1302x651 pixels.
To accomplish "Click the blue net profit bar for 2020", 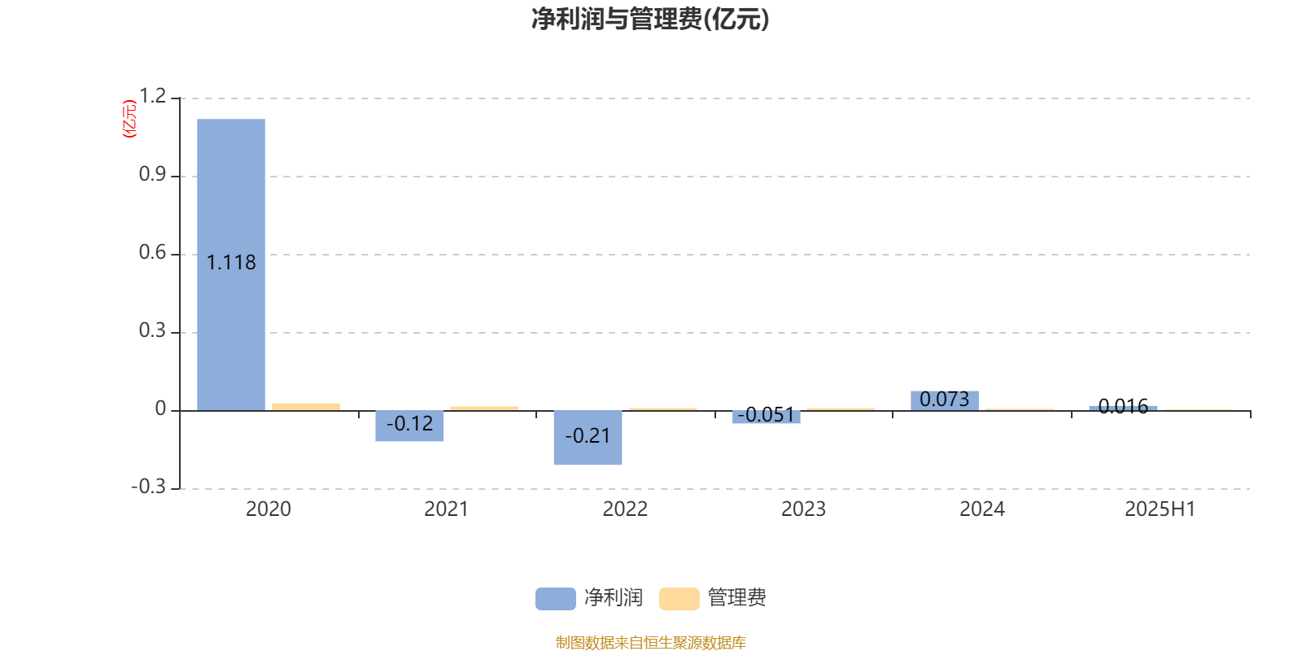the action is (231, 264).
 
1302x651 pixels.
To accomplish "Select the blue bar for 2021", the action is (409, 426).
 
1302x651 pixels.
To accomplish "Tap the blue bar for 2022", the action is (588, 438).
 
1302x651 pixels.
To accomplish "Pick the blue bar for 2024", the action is (945, 401).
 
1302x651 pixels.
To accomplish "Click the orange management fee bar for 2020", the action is (306, 407).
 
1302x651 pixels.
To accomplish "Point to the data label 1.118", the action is (231, 263).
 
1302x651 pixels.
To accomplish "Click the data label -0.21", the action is (588, 436).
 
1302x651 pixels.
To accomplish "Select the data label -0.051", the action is (766, 415).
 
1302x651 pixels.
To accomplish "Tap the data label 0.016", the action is (1123, 406).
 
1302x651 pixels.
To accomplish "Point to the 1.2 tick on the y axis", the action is (152, 96).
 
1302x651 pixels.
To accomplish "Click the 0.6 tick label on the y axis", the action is (152, 252).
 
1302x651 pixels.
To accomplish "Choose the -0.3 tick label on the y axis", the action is (149, 487).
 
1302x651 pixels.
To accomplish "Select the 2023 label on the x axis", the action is (803, 509).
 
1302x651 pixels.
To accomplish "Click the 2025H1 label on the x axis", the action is (1160, 509).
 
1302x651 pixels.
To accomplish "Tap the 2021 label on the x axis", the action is (447, 509).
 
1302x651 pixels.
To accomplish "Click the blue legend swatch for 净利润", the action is (556, 599).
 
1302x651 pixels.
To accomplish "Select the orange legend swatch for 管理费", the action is (679, 599).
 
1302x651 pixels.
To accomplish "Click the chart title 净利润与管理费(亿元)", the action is (650, 20).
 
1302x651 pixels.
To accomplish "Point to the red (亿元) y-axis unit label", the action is (129, 119).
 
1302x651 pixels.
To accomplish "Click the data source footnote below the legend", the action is (650, 642).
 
